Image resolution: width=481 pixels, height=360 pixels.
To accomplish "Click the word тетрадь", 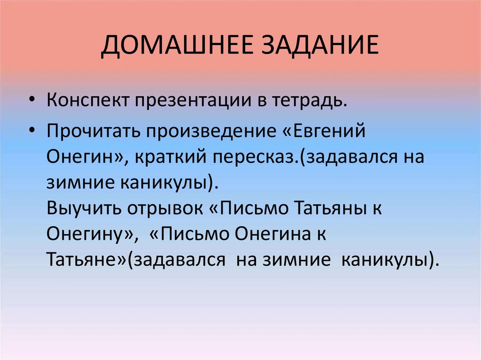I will click(310, 100).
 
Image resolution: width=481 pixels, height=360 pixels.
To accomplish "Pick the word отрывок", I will click(164, 207).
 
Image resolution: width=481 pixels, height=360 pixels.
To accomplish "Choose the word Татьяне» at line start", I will click(87, 259).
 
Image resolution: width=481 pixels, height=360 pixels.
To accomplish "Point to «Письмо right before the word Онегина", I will click(188, 233).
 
